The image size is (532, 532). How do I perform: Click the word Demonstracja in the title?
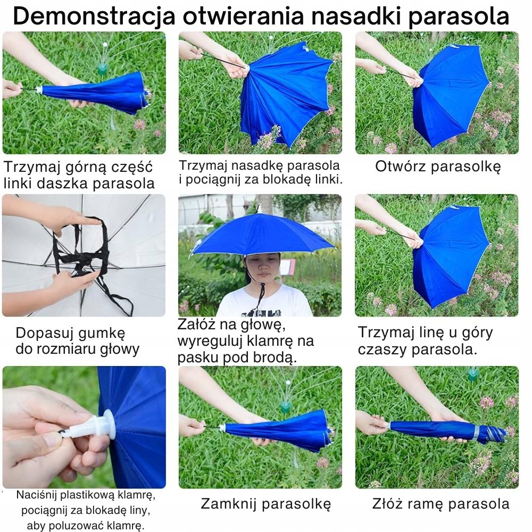pos(94,16)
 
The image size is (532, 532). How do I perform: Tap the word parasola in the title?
pos(459,16)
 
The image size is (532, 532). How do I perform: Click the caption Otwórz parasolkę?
pos(438,167)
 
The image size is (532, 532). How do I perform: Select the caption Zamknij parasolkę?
pos(265,504)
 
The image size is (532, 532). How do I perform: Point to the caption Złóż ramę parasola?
pos(440,503)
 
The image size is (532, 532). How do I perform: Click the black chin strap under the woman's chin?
pos(261,295)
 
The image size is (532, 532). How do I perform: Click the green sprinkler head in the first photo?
pos(103,68)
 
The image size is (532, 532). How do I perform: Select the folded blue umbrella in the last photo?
pos(448,431)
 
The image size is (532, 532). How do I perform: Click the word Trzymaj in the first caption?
pos(32,168)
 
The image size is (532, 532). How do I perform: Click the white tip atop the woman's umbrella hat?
pos(260,209)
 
